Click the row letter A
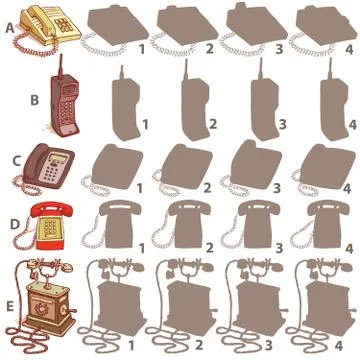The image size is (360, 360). tap(9, 28)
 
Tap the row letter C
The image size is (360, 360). tap(12, 160)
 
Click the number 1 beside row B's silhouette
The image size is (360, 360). tap(146, 124)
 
